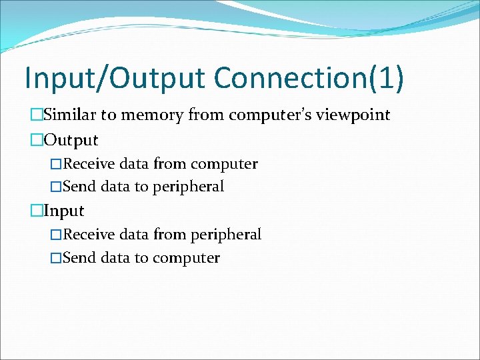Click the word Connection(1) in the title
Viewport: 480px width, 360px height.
(308, 78)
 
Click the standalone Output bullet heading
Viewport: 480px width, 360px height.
(71, 140)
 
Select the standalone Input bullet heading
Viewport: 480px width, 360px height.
(64, 211)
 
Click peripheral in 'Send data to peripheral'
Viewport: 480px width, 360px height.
(188, 187)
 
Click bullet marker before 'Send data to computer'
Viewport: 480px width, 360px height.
(56, 257)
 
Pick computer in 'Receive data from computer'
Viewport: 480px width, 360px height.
(223, 163)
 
